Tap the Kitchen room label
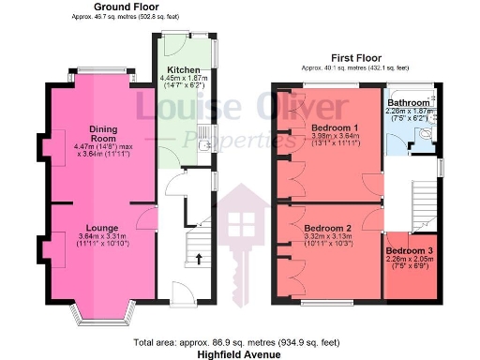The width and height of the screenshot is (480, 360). coord(183,70)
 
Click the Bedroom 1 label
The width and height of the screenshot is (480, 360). coord(335,127)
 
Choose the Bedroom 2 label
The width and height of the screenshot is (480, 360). coord(328,228)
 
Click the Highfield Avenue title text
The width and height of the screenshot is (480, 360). coord(240,355)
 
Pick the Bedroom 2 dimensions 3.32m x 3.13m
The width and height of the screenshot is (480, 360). coord(328,239)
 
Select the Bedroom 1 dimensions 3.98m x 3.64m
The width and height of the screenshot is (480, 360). coord(335,139)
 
